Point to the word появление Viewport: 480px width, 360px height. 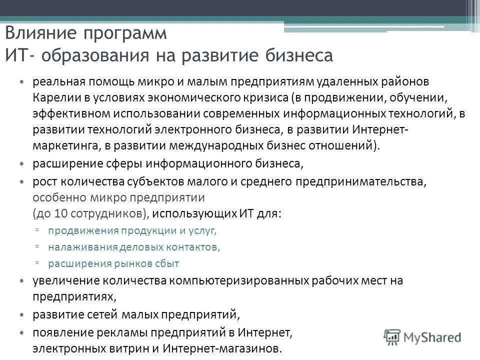[57, 332]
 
